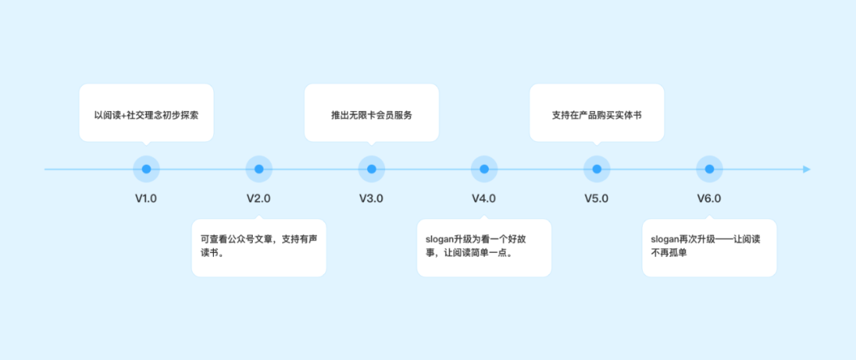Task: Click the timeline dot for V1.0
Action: tap(146, 169)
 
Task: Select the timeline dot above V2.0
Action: tap(258, 169)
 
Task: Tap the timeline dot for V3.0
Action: tap(371, 169)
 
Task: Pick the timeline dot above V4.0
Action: tap(483, 169)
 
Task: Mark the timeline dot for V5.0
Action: tap(596, 169)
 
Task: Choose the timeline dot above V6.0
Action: tap(709, 169)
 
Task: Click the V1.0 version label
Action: tap(146, 198)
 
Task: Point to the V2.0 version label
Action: tap(258, 198)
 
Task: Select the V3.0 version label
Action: tap(371, 198)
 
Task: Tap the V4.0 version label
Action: tap(483, 198)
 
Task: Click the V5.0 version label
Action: tap(596, 198)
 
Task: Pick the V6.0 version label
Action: tap(709, 198)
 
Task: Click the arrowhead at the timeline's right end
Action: tap(806, 169)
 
